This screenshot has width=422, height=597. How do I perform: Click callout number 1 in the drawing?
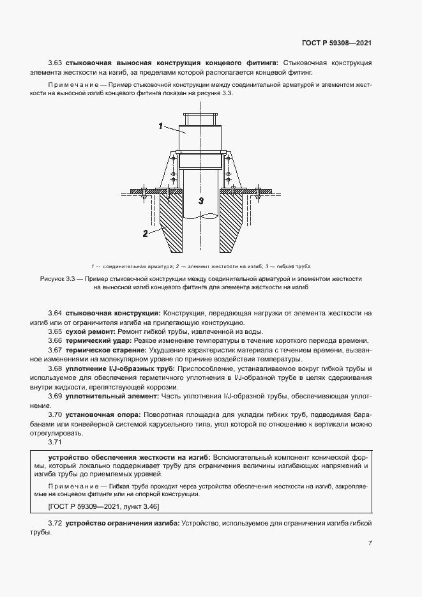(x=162, y=126)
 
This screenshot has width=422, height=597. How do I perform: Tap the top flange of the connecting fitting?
(x=200, y=114)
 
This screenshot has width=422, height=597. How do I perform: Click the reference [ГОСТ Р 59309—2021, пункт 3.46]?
(x=103, y=506)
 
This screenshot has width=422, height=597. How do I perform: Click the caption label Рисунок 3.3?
(x=59, y=279)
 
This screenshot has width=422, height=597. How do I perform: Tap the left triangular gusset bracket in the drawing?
(x=170, y=172)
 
